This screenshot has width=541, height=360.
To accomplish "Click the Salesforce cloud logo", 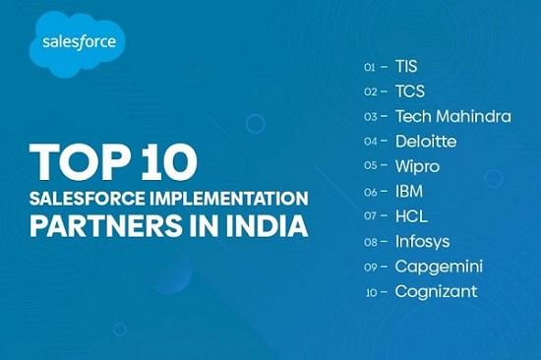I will [x=78, y=43].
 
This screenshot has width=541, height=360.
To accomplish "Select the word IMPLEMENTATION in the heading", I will [x=227, y=197].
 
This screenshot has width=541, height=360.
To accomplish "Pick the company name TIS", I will [x=406, y=67].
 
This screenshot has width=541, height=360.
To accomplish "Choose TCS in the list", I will [x=409, y=91].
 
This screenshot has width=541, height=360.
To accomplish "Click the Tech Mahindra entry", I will [x=452, y=116].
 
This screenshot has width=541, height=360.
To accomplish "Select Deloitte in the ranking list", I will [x=425, y=142].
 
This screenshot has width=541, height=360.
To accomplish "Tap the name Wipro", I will [x=417, y=166].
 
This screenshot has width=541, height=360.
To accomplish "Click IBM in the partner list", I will [x=408, y=192].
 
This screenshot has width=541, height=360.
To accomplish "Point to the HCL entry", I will [x=410, y=216].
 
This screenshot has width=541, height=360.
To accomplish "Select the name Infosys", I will [x=424, y=241].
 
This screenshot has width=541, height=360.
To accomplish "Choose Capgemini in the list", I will [x=439, y=267].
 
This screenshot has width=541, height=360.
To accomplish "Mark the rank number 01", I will [x=371, y=68].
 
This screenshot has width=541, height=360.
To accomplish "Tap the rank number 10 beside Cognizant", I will [x=371, y=292].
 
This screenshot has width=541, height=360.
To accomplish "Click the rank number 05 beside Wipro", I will [x=371, y=167].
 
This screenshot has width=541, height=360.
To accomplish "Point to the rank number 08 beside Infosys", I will [x=371, y=242].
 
